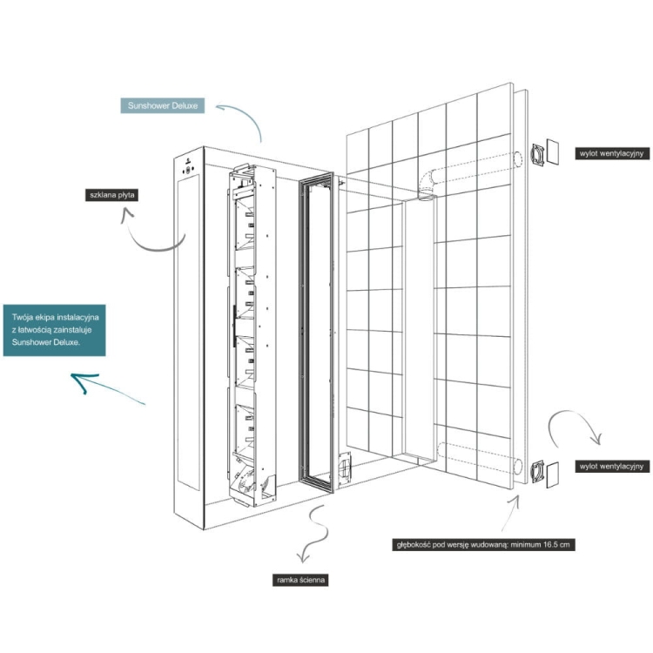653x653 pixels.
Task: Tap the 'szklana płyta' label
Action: [x=111, y=195]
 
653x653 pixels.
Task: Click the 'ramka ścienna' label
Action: [x=300, y=578]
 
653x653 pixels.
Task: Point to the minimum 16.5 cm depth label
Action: [x=483, y=545]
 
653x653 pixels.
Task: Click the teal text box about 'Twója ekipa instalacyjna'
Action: [x=54, y=330]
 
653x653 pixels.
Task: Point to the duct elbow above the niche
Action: [x=426, y=184]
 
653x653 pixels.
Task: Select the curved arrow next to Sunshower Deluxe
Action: [x=239, y=119]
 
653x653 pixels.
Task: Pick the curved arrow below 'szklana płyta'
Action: [x=148, y=234]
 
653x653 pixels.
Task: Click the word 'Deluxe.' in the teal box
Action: [x=84, y=342]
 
